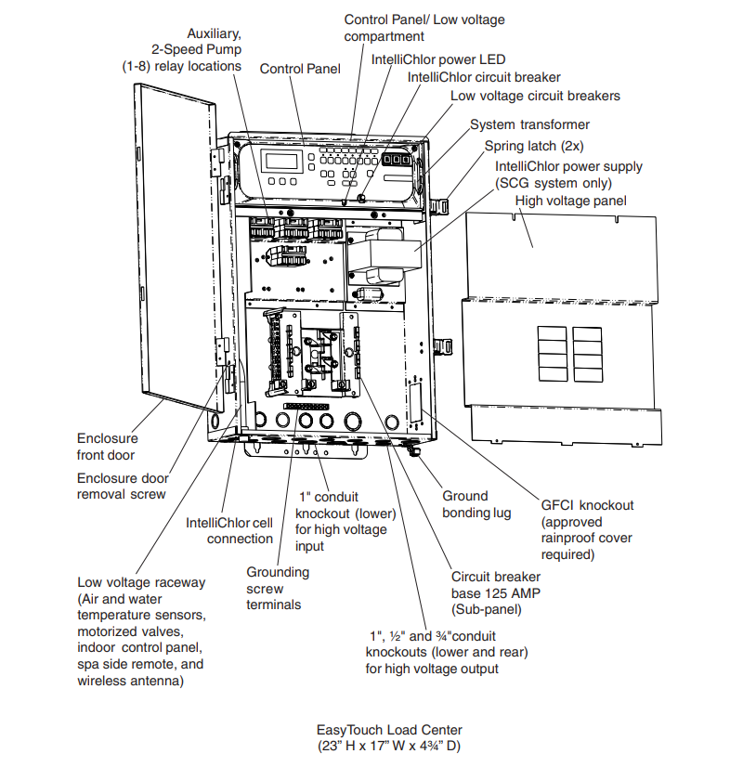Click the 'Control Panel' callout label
coord(300,69)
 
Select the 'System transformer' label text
coord(529,124)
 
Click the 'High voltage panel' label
coord(570,201)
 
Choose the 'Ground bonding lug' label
coord(476,504)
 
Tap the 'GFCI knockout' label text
coord(587,505)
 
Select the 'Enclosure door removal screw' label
coord(122,486)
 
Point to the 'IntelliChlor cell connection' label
coord(229,530)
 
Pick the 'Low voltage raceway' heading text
coord(141,582)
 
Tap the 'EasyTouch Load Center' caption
coord(389,730)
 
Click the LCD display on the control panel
coord(282,160)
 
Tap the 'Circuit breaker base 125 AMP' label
coord(497,592)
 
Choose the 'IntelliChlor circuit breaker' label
coord(484,77)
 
